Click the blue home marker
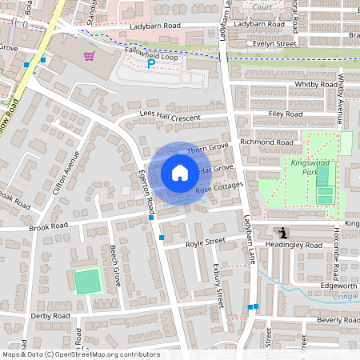(x=180, y=173)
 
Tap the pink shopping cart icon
(x=90, y=56)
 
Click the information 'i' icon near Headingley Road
(x=285, y=233)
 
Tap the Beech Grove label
(x=117, y=265)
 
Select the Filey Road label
(x=285, y=114)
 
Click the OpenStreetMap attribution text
(x=80, y=354)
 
